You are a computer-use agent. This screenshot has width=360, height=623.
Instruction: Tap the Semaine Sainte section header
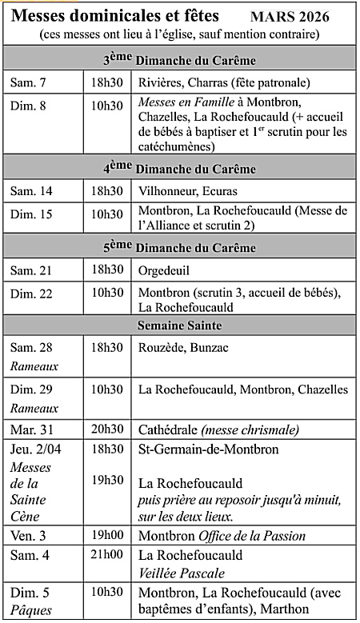pos(179,325)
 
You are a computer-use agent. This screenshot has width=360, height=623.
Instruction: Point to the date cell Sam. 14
pos(32,191)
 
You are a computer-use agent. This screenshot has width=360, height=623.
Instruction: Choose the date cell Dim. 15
pos(32,214)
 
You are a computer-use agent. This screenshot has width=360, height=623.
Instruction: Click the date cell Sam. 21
pos(32,270)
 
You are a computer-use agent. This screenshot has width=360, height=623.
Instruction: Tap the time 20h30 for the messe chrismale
pos(106,429)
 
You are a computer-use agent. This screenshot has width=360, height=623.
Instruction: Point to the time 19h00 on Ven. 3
pos(106,535)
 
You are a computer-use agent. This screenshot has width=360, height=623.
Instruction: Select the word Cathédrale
pos(170,429)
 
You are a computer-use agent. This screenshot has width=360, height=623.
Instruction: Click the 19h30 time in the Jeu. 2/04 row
pos(106,479)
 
